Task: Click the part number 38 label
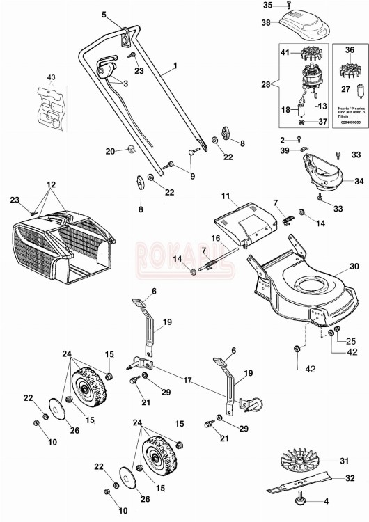265,22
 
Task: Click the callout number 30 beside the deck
354,267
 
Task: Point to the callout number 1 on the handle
175,65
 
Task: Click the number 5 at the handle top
104,14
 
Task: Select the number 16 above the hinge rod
217,239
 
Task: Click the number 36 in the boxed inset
350,50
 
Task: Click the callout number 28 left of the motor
265,85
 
